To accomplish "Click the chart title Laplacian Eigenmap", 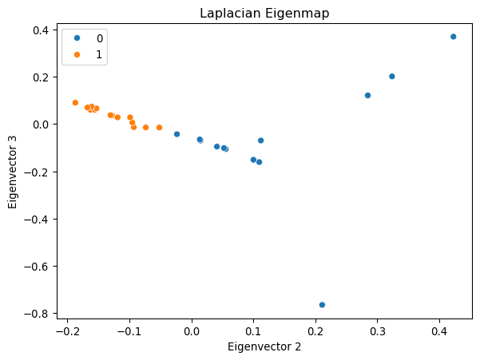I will point(264,13).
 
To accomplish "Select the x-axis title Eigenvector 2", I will point(264,346).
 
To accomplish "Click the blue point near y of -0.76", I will point(322,305).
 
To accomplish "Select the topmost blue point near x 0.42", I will point(453,37).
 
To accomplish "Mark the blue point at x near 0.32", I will point(391,77).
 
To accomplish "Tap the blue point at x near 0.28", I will point(367,95).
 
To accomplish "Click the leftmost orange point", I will point(75,103).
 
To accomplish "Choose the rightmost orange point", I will point(159,128).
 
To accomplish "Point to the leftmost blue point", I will point(177,134).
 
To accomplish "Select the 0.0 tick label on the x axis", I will point(192,330).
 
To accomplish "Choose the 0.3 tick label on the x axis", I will point(378,330).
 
